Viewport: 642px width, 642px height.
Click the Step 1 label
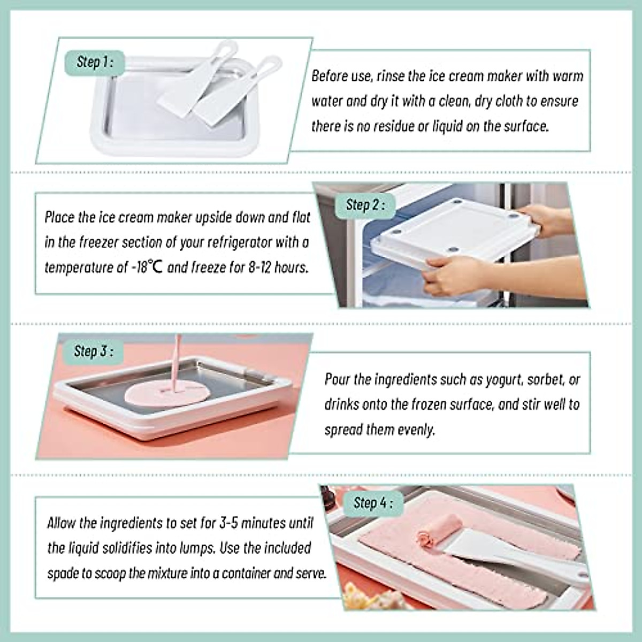pyautogui.click(x=94, y=62)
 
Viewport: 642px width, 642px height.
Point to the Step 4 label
pyautogui.click(x=373, y=503)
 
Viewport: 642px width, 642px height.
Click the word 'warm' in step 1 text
pyautogui.click(x=567, y=75)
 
